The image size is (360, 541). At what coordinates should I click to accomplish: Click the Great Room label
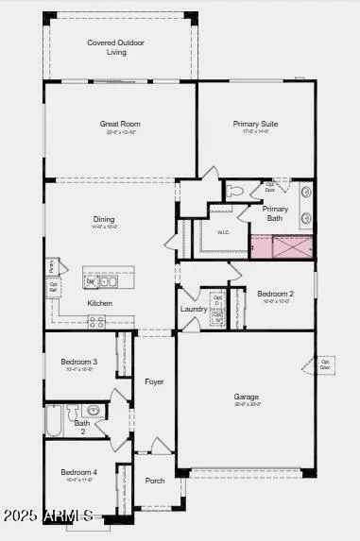point(120,124)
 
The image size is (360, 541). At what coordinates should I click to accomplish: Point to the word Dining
point(104,219)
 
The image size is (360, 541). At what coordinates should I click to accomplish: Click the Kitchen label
point(100,303)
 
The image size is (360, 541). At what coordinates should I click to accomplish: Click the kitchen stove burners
point(96,322)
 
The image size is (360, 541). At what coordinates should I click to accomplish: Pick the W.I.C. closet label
point(223,232)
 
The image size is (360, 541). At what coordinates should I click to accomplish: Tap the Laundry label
point(193,309)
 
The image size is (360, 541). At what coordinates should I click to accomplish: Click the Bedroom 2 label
point(276,294)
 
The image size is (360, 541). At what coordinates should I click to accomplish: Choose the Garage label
point(247,397)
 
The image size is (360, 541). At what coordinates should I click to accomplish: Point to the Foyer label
point(154,381)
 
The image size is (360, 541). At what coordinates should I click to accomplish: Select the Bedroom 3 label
point(79,362)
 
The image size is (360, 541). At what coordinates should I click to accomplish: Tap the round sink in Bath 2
point(93,411)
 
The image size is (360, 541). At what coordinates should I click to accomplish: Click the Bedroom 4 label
point(79,472)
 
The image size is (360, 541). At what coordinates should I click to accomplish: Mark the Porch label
point(155,481)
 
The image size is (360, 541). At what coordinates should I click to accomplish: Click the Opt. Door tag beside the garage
point(324,363)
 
